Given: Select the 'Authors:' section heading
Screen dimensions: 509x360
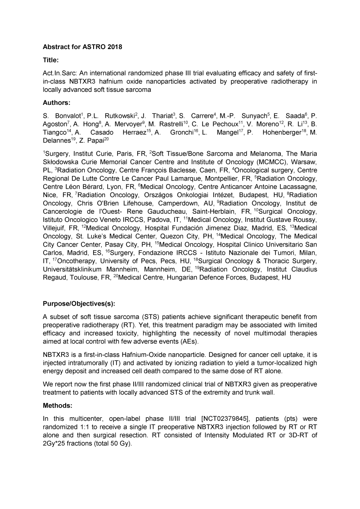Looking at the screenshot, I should [x=57, y=102].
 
